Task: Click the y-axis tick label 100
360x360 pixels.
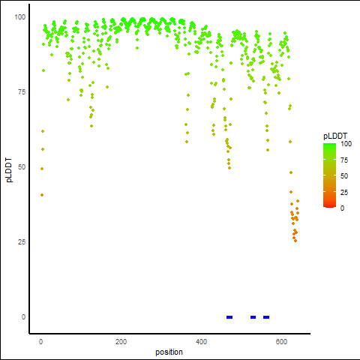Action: [20, 17]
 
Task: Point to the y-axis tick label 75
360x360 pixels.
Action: [22, 92]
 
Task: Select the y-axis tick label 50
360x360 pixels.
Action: [22, 167]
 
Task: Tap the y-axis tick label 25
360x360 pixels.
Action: [22, 242]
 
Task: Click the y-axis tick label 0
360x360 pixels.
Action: [23, 317]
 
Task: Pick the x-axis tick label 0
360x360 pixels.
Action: [40, 342]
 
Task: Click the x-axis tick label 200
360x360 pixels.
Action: [121, 342]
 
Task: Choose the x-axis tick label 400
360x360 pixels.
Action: [201, 342]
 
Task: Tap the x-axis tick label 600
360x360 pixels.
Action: [281, 342]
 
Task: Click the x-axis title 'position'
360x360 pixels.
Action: [169, 352]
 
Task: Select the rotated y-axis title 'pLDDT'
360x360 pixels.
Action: [9, 170]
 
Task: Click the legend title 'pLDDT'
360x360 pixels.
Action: [335, 136]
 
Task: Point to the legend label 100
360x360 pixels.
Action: [346, 144]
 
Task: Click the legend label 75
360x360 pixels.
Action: [344, 160]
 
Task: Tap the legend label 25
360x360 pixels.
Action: [344, 193]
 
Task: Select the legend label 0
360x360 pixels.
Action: [342, 208]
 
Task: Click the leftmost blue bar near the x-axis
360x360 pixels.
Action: [229, 317]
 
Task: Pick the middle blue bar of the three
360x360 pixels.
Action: [253, 317]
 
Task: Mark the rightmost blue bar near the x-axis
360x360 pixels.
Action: [266, 317]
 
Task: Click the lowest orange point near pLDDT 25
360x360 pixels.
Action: [295, 241]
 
